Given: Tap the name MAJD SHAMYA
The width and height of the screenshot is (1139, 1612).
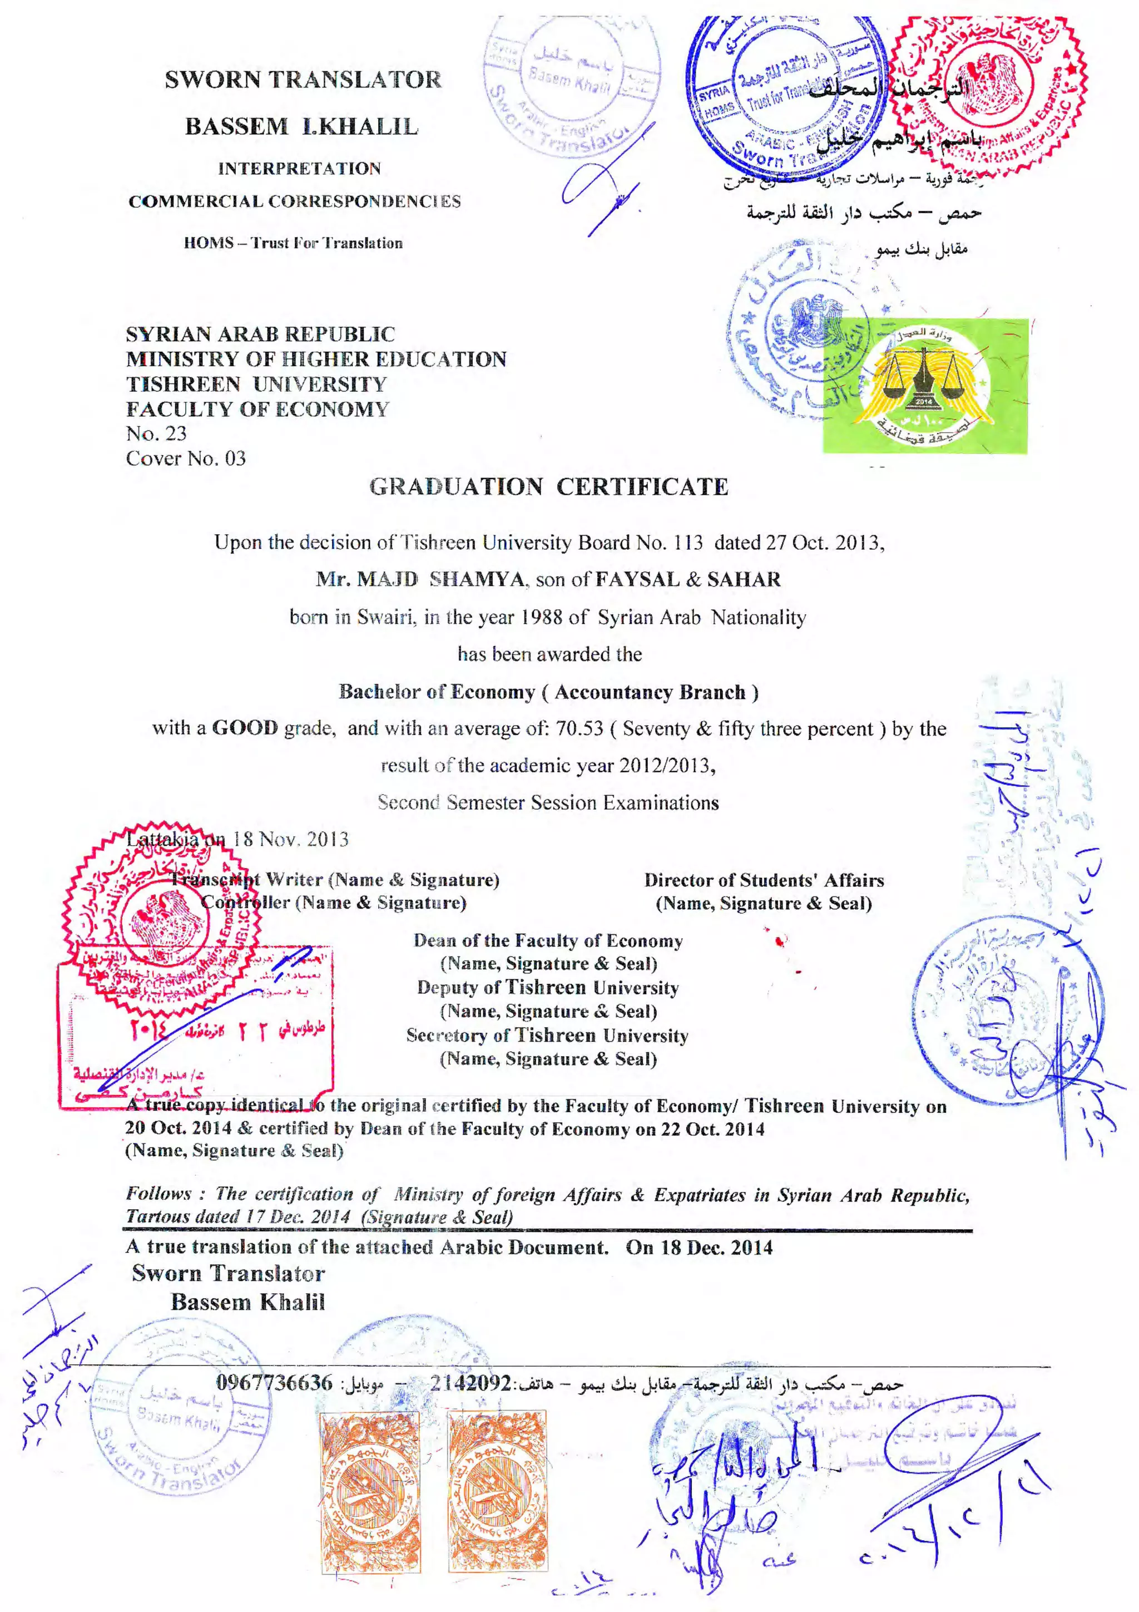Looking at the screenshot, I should [x=420, y=579].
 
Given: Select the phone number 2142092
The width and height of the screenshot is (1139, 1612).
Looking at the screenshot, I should [x=470, y=1382].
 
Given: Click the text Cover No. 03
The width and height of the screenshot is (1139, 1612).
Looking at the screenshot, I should [x=186, y=459].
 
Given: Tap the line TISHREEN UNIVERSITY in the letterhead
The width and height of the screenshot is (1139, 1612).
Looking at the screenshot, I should [x=256, y=384].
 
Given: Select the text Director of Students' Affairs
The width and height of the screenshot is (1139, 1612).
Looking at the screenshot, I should [x=764, y=880].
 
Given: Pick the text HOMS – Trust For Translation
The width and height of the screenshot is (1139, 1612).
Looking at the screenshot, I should [x=293, y=243].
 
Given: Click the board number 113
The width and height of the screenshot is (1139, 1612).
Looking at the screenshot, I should [x=688, y=542].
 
